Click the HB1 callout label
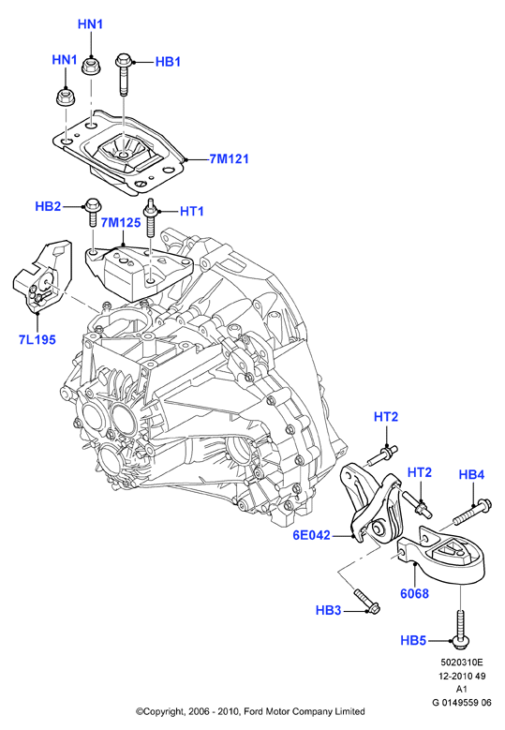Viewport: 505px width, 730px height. click(x=168, y=62)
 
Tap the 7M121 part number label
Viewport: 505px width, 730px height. click(x=229, y=158)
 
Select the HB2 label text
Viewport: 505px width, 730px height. click(x=48, y=206)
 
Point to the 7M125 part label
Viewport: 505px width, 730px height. click(x=121, y=222)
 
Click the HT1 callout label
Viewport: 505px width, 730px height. click(x=192, y=212)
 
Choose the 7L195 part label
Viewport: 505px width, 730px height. click(x=37, y=340)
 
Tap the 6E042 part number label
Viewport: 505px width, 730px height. click(x=311, y=535)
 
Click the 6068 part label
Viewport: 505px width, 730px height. click(x=414, y=593)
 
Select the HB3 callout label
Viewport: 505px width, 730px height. click(x=328, y=610)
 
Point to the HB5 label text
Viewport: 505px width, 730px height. click(x=413, y=641)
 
